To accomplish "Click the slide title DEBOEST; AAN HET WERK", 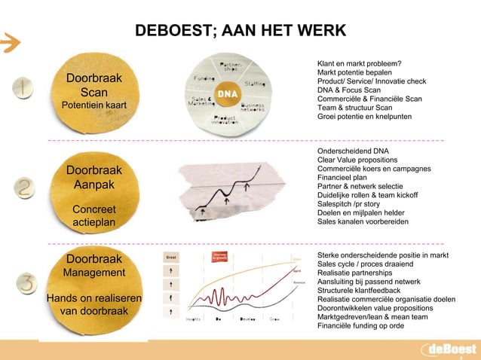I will tap(240, 31).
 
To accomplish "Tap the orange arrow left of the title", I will tap(9, 43).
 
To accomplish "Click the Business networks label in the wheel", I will tap(253, 108).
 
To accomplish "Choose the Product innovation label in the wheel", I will tap(225, 120).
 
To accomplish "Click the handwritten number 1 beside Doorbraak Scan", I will tap(25, 89).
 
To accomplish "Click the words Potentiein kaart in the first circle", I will tap(93, 105).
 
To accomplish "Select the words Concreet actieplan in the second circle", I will tap(93, 215).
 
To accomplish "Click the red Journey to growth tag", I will tap(221, 257).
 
